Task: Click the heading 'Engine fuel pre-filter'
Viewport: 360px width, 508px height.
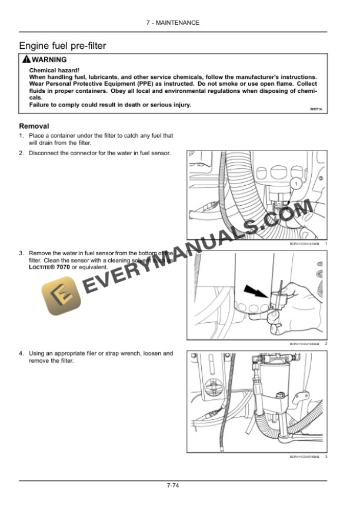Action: point(62,46)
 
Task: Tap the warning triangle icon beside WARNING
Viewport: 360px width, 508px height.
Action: point(25,60)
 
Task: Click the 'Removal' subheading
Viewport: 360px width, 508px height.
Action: point(34,126)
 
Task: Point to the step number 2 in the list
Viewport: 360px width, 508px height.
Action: point(21,153)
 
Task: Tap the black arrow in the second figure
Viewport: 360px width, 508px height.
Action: point(257,289)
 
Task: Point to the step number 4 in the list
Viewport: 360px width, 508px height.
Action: point(21,353)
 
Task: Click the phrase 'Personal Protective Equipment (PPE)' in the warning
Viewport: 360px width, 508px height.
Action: point(94,83)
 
